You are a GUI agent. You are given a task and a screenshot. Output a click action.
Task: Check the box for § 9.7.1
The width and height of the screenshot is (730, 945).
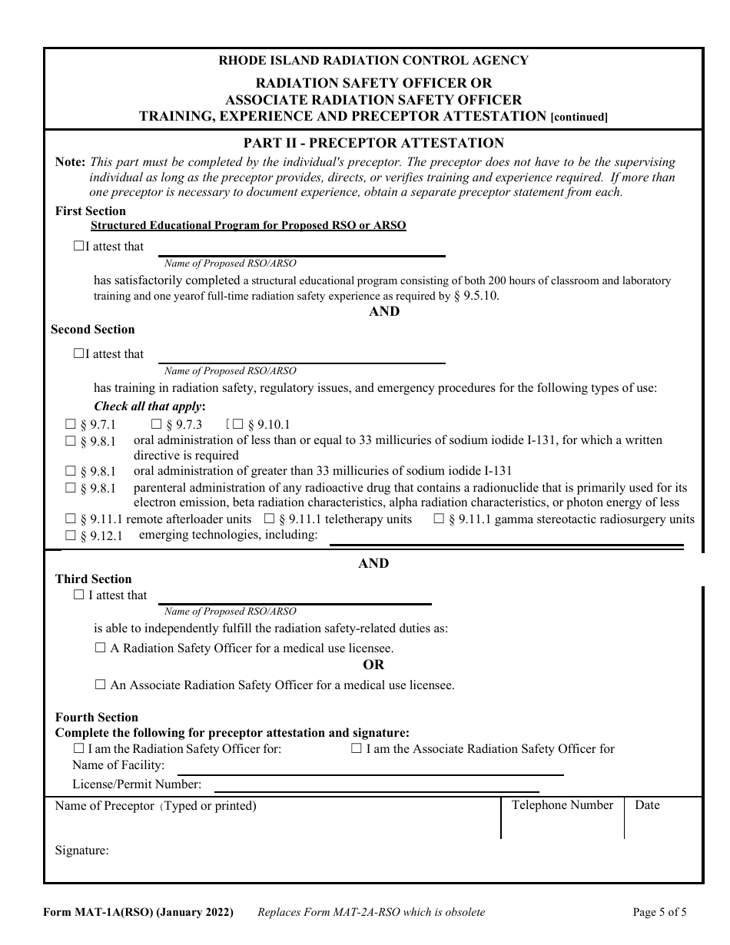[x=71, y=425]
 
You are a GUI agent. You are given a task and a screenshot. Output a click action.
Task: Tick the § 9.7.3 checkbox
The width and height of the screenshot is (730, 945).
[x=157, y=425]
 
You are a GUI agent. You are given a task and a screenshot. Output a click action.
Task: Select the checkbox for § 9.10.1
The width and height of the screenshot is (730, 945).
[x=238, y=425]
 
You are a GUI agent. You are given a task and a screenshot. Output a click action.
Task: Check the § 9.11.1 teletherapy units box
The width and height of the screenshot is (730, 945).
[x=270, y=519]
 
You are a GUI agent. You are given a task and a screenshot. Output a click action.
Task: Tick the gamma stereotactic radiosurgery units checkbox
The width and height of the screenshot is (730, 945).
[x=439, y=519]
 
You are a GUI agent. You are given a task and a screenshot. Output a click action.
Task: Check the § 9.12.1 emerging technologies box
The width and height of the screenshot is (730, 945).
[x=71, y=535]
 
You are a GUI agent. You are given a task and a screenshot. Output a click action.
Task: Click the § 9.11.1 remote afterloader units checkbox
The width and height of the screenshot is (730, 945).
[x=71, y=519]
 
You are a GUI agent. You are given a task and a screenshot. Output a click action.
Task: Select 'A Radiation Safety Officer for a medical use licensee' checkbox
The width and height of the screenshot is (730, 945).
[x=101, y=648]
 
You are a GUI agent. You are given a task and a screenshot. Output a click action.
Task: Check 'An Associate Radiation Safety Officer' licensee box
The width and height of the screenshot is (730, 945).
[x=101, y=685]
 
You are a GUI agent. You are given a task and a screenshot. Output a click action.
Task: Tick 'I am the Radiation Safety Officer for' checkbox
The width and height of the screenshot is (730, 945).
[x=78, y=748]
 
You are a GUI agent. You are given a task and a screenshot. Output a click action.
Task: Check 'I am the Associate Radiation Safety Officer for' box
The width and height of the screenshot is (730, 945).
[x=357, y=748]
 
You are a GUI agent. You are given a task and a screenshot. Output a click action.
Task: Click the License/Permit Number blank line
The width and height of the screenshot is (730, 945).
[x=376, y=789]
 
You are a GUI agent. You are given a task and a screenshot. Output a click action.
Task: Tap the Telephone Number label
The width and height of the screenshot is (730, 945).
[x=562, y=805]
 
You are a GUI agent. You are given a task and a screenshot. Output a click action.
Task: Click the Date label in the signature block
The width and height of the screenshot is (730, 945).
[x=647, y=805]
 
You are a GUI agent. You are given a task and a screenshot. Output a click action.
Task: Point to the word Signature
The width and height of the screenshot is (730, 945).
[x=81, y=850]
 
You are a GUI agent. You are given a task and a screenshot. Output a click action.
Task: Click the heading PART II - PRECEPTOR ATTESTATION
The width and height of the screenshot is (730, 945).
[x=373, y=143]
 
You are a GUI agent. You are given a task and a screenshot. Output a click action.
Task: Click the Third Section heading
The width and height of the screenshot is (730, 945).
[x=93, y=579]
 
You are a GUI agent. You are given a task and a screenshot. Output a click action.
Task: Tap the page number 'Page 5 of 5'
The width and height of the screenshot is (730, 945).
[x=659, y=913]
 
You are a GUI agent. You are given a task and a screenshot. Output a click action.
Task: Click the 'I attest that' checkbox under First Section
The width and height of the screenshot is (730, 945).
[x=78, y=247]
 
